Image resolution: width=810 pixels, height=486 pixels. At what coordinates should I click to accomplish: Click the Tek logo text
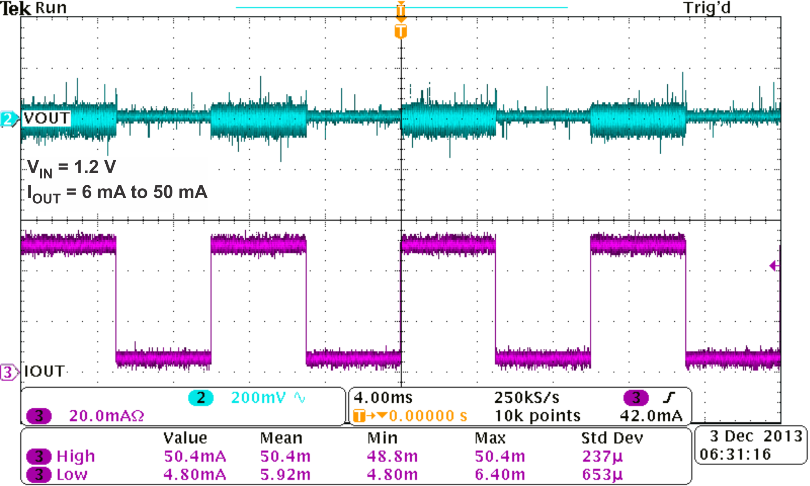15,8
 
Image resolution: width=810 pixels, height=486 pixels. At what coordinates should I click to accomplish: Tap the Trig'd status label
707,8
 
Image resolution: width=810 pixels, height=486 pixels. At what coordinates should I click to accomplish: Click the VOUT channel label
47,118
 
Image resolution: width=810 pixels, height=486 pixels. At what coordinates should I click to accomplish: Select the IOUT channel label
44,371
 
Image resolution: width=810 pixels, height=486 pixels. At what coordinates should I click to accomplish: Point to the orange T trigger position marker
401,31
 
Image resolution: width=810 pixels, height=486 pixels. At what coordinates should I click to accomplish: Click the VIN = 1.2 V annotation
72,168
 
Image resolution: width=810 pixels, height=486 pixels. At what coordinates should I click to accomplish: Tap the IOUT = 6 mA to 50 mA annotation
117,193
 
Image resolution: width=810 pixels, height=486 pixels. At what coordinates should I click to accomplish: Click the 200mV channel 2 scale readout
258,398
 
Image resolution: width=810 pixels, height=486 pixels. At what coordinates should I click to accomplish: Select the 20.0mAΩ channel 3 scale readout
106,416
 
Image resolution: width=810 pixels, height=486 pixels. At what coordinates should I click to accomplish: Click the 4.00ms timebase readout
383,398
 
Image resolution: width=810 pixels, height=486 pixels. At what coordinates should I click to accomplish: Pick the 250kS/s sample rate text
526,398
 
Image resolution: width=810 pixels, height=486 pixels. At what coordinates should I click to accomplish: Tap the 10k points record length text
537,416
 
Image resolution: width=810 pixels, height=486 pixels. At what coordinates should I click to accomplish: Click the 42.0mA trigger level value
651,416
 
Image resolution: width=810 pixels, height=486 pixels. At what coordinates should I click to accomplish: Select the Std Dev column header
612,438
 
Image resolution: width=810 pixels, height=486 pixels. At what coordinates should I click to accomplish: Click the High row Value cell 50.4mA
195,456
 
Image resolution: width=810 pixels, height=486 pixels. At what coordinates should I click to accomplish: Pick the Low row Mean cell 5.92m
285,474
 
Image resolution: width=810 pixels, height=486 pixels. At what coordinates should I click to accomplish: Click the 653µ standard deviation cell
602,474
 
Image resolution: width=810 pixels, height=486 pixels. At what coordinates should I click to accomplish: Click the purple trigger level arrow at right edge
774,266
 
